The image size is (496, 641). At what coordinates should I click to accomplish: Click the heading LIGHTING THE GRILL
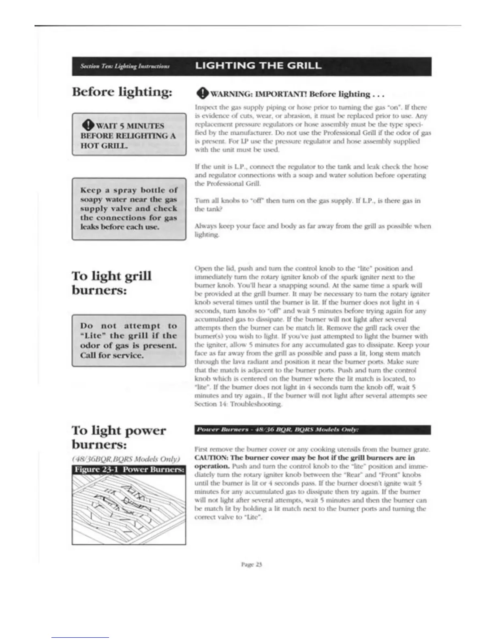259,66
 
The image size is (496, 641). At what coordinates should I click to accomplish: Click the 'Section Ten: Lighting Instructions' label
125,66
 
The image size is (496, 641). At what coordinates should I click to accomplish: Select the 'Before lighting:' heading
122,91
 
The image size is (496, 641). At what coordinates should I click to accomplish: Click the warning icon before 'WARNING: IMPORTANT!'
201,94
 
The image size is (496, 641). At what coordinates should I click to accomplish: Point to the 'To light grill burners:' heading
111,283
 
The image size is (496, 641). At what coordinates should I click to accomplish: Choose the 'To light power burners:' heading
118,437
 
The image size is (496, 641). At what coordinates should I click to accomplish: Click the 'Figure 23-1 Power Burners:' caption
129,469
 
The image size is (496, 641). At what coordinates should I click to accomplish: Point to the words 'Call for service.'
111,355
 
